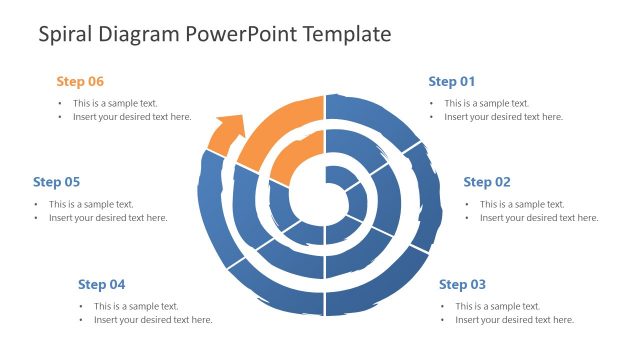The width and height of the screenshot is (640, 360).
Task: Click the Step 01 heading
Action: [x=451, y=81]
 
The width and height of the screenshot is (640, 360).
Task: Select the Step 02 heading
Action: [x=487, y=182]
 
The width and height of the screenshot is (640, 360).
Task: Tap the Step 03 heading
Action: [x=462, y=284]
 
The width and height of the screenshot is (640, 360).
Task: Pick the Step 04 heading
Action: [x=101, y=284]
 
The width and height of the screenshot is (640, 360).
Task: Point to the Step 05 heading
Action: [x=56, y=182]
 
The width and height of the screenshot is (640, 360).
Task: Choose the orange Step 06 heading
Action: [x=80, y=81]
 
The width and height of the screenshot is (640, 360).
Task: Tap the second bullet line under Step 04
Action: [x=153, y=320]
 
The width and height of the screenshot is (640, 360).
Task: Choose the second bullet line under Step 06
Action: [x=131, y=117]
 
